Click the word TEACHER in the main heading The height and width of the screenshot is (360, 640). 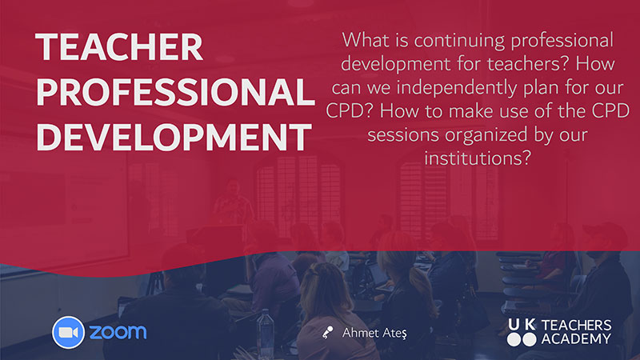pos(119,47)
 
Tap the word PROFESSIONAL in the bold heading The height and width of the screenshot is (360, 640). pos(175,91)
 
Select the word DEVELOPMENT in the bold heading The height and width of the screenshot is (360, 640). pos(174,136)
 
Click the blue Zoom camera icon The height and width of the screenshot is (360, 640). pos(68,332)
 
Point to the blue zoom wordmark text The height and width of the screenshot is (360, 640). pos(118,332)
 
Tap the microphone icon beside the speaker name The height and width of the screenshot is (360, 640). pos(327,332)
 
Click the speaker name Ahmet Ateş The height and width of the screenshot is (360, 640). pos(374,333)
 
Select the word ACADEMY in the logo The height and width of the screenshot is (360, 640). pos(576,338)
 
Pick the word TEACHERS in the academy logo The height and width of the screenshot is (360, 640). pos(576,326)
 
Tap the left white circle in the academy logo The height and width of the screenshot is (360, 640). pos(514,339)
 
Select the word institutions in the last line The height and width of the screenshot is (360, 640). pos(477,158)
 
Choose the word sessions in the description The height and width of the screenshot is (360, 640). pos(403,135)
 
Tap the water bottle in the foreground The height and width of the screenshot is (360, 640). pos(266,333)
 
